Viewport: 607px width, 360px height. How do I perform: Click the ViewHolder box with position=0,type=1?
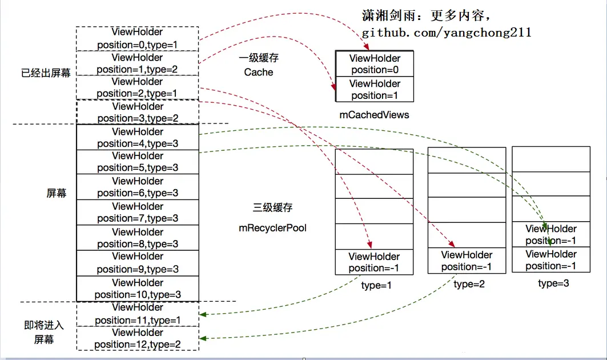[x=138, y=39]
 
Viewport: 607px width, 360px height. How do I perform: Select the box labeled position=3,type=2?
[x=138, y=113]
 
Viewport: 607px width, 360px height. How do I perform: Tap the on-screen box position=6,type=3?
[x=138, y=187]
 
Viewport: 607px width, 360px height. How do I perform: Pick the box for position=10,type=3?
[x=138, y=289]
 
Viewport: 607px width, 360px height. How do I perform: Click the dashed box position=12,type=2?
[x=138, y=338]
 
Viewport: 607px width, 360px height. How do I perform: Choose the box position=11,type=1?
[x=138, y=314]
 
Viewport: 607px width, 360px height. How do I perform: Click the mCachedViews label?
[x=375, y=115]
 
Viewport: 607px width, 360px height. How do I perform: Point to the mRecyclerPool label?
[x=272, y=228]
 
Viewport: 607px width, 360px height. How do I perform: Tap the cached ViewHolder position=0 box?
[x=375, y=64]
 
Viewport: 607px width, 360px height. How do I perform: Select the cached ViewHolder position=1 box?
[x=375, y=89]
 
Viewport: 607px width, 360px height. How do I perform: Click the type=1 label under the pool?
[x=376, y=286]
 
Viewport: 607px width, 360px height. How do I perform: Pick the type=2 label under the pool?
[x=469, y=284]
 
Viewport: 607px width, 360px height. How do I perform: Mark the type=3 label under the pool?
[x=553, y=283]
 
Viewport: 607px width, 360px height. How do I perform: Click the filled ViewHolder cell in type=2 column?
[x=467, y=261]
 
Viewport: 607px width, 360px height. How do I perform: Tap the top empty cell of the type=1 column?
[x=375, y=162]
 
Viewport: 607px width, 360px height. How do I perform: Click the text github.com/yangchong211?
[x=447, y=33]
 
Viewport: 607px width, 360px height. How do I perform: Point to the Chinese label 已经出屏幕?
[x=46, y=73]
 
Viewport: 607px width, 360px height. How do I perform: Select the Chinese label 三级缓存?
[x=272, y=207]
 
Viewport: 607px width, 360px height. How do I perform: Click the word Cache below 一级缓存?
[x=259, y=72]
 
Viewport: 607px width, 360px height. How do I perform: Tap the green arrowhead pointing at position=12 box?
[x=203, y=338]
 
